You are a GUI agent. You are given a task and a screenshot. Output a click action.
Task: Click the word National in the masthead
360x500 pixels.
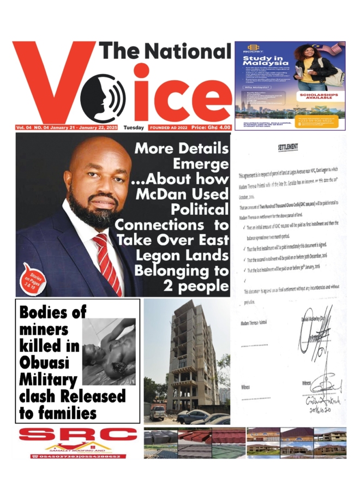point(188,52)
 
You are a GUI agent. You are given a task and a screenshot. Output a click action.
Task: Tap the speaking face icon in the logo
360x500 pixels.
point(103,98)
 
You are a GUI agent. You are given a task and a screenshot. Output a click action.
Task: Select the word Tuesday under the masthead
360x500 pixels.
point(134,128)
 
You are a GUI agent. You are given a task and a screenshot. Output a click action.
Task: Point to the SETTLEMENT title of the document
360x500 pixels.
point(288,148)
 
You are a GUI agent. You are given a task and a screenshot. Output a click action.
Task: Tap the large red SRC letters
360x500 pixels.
point(77,435)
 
